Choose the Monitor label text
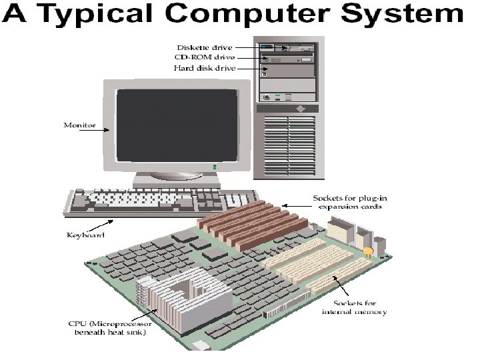tap(79, 125)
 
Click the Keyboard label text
tap(84, 235)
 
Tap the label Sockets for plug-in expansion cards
tap(347, 203)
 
